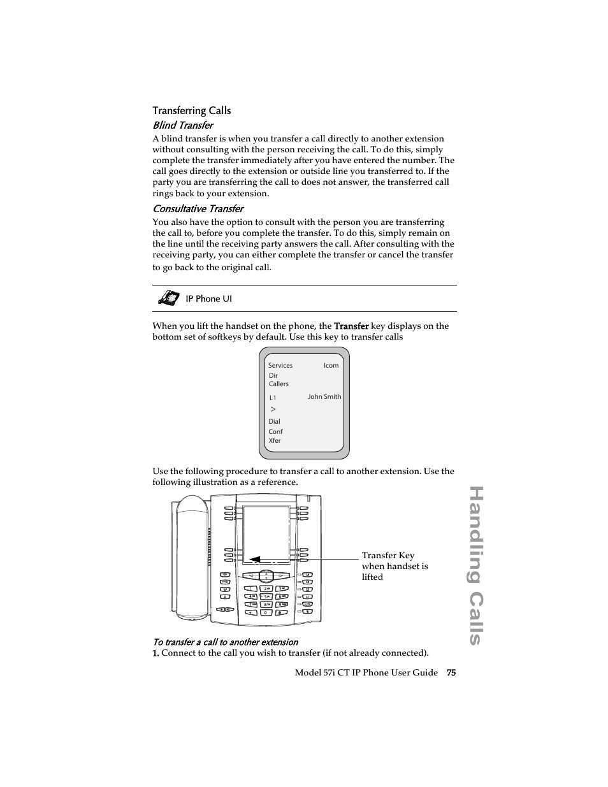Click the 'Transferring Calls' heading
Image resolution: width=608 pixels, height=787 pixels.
point(191,111)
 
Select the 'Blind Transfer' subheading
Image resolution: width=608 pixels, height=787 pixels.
point(182,126)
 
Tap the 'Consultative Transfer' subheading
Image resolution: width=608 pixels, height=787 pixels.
point(198,209)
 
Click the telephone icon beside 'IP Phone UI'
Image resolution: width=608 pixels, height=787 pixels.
point(168,298)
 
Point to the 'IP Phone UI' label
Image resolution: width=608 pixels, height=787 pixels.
point(208,299)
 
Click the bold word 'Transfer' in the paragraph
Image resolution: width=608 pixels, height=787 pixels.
point(351,326)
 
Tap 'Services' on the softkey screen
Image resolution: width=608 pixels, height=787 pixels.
point(280,366)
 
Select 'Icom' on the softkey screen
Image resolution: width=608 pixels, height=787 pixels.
point(331,366)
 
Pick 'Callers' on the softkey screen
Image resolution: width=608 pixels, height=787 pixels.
point(279,384)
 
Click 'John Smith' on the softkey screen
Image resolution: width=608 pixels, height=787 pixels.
point(324,397)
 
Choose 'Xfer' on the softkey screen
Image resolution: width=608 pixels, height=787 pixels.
point(275,441)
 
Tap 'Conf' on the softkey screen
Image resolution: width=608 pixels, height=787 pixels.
point(275,431)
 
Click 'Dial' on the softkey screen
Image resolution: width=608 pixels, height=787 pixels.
point(274,422)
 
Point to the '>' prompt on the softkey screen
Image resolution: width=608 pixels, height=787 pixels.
point(273,410)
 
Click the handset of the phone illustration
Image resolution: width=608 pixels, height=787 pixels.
point(193,554)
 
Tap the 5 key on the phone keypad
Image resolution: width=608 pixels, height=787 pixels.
point(266,596)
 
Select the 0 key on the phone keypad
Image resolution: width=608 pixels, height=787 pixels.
point(266,612)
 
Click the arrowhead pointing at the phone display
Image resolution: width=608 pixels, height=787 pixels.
point(254,559)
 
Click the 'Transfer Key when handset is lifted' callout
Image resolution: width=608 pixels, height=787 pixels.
point(394,566)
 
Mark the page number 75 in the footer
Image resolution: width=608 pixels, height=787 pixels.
point(451,673)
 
